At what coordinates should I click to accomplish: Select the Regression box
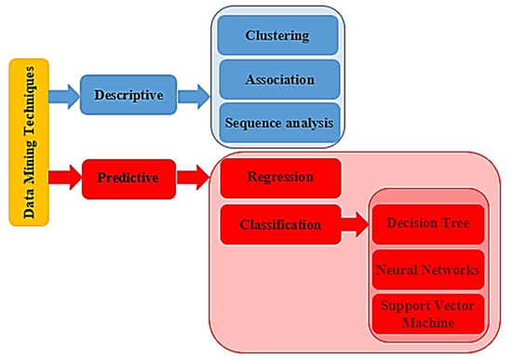click(x=280, y=178)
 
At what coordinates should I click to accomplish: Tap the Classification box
click(x=280, y=224)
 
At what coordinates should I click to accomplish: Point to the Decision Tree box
click(x=426, y=224)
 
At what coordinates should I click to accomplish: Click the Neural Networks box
click(x=426, y=270)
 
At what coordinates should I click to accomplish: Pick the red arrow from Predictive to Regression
click(x=193, y=175)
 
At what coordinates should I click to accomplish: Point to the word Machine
click(x=426, y=324)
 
